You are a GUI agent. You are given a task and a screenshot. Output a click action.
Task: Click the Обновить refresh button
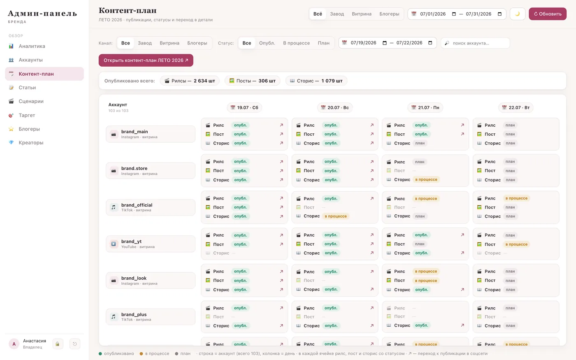pos(548,14)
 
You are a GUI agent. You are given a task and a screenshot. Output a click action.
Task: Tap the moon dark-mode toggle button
pos(518,14)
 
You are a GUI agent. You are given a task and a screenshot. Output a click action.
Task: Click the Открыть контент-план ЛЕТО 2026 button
pos(146,60)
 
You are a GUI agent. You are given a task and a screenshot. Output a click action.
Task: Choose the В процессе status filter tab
pos(296,43)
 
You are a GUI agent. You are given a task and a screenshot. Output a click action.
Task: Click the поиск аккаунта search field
pos(475,43)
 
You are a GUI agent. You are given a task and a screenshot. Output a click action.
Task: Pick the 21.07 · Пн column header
pos(425,107)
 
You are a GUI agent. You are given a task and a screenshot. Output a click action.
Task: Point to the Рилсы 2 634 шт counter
pos(190,81)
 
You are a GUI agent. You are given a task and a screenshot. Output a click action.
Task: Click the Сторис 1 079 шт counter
pos(316,81)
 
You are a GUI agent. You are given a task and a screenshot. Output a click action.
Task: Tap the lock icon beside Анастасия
pos(57,344)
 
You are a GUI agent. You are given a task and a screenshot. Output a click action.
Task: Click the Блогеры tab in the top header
pos(389,14)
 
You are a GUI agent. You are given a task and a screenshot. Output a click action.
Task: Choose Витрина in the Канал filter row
pos(170,43)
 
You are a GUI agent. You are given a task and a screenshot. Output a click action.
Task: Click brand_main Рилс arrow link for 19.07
pos(281,125)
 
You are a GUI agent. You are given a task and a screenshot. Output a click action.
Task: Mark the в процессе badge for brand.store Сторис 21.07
pos(426,179)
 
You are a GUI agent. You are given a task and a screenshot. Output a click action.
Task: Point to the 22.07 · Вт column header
pos(516,107)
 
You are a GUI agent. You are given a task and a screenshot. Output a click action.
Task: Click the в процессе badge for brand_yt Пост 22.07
pos(516,244)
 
